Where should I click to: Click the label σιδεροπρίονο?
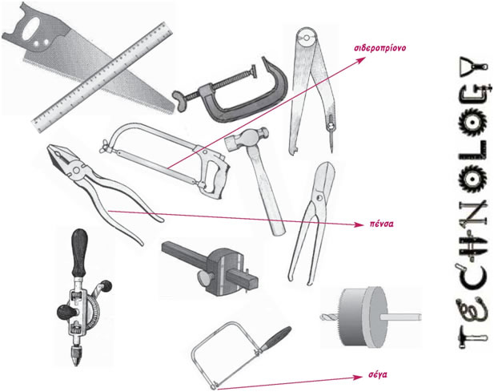click(x=380, y=48)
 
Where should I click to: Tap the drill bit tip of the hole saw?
click(x=327, y=315)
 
